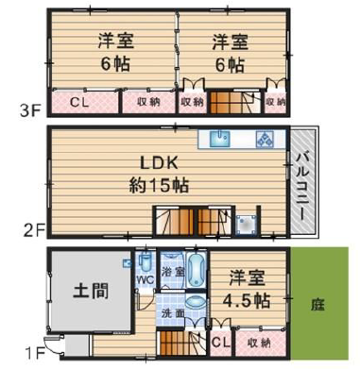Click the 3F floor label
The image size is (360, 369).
point(30,110)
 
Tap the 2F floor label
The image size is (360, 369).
point(34,231)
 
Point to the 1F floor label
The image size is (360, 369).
point(35,354)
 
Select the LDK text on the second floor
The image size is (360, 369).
point(160,163)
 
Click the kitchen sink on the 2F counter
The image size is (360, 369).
point(220,139)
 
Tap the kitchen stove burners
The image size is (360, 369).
point(265,139)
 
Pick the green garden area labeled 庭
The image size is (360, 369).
point(319,303)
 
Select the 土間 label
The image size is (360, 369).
point(91,291)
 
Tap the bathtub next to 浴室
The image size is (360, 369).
point(197,269)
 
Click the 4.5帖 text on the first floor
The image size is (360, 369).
point(247,301)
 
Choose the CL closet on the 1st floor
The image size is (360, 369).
point(221,343)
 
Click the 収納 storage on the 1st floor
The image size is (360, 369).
point(261,343)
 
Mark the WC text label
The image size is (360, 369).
point(146,279)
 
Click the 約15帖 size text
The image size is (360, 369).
point(159,186)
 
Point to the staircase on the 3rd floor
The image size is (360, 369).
point(235,102)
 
